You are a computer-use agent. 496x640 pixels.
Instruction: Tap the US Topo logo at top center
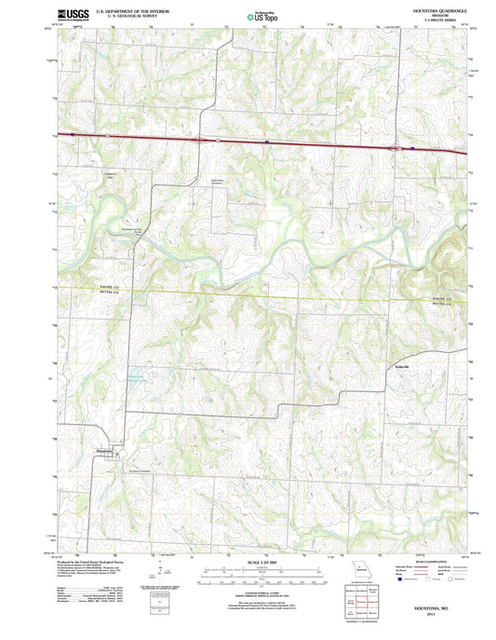[x=261, y=15]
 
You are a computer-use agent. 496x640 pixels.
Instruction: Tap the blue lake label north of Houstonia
[x=136, y=377]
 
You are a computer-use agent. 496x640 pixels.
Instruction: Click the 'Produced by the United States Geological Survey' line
[x=98, y=563]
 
